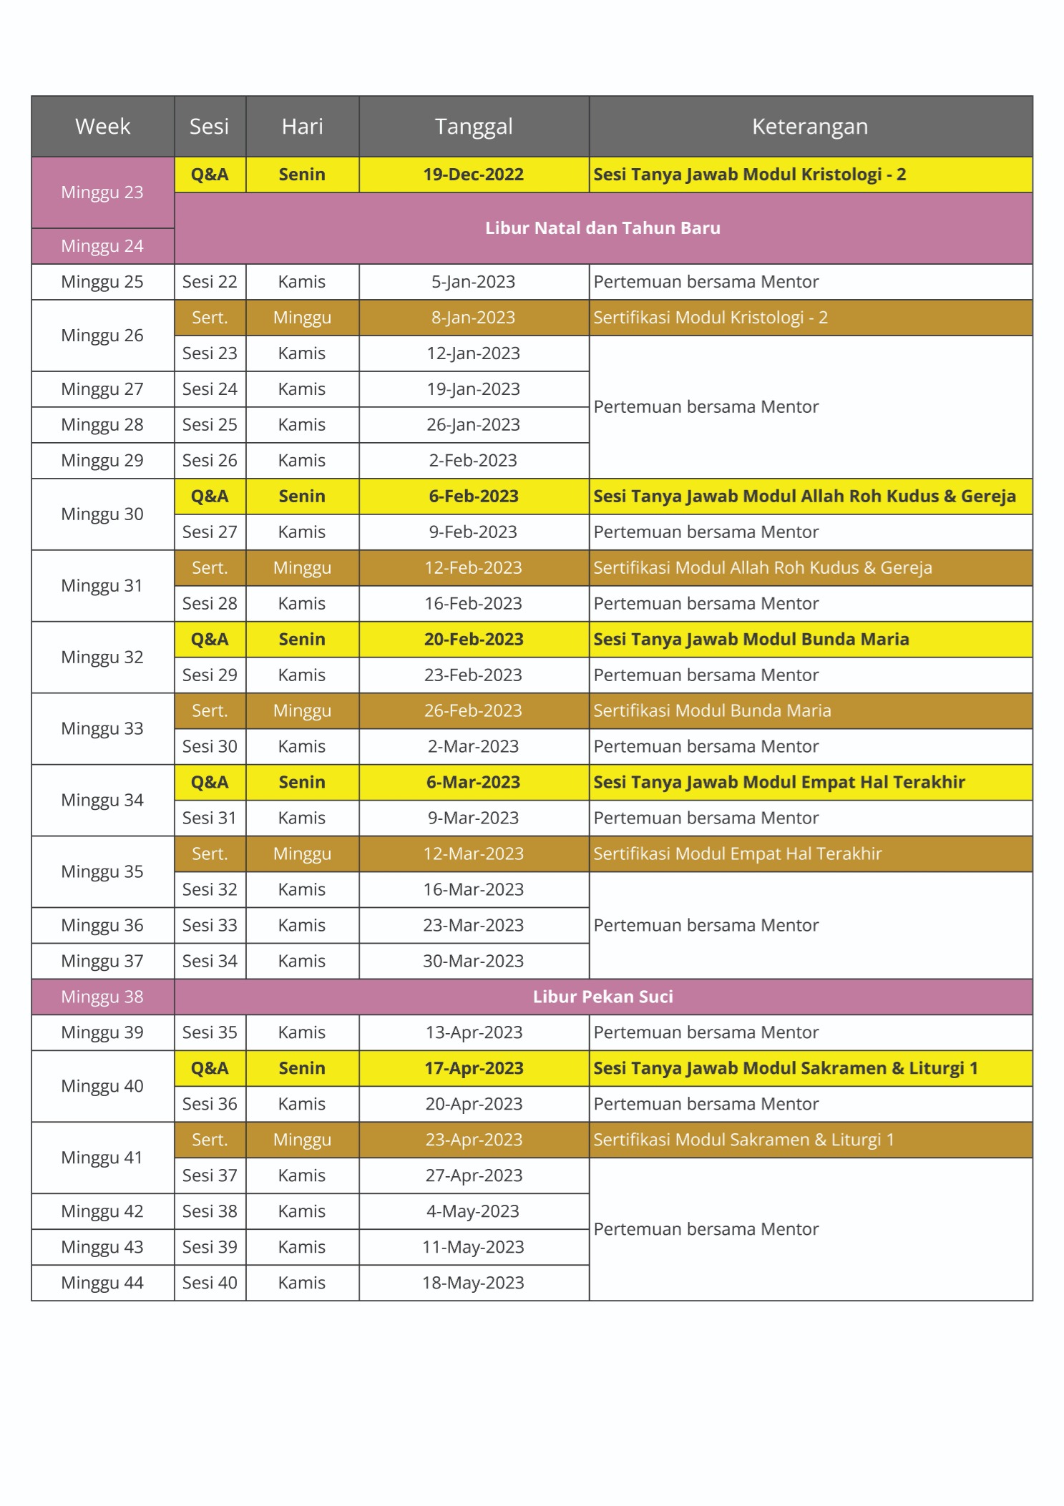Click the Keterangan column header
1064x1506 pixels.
pyautogui.click(x=809, y=127)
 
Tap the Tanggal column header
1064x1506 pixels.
pyautogui.click(x=474, y=127)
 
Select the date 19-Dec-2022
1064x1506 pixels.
pyautogui.click(x=473, y=175)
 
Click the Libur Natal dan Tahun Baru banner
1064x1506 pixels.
pyautogui.click(x=602, y=228)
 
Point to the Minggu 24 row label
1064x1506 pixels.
pyautogui.click(x=102, y=246)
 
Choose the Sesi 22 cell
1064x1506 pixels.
pyautogui.click(x=210, y=282)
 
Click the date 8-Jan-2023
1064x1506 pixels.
pyautogui.click(x=473, y=318)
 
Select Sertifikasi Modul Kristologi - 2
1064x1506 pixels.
pyautogui.click(x=710, y=318)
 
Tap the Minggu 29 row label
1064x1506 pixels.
pyautogui.click(x=102, y=461)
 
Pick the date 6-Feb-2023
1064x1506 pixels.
pyautogui.click(x=473, y=497)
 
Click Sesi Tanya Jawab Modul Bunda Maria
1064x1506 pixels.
pyautogui.click(x=751, y=640)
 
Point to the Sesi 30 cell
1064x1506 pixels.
pyautogui.click(x=210, y=747)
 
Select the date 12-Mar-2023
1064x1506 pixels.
pyautogui.click(x=473, y=854)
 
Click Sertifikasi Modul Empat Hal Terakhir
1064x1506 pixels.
pyautogui.click(x=737, y=854)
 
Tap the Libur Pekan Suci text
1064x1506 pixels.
pyautogui.click(x=602, y=997)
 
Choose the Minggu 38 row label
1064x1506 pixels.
pyautogui.click(x=102, y=997)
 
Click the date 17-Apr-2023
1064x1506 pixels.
pyautogui.click(x=473, y=1069)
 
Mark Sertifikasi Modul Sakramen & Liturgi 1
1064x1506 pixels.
pyautogui.click(x=743, y=1140)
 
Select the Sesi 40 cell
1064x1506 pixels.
pyautogui.click(x=210, y=1283)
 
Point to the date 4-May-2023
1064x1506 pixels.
pyautogui.click(x=473, y=1212)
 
